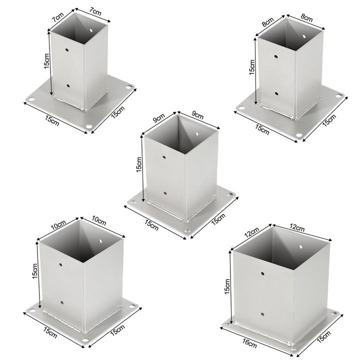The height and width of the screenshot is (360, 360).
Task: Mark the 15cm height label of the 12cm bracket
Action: pyautogui.click(x=227, y=286)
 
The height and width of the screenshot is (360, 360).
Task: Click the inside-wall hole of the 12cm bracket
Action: pyautogui.click(x=301, y=246)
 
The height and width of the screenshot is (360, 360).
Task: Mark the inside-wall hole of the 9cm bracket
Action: pyautogui.click(x=198, y=135)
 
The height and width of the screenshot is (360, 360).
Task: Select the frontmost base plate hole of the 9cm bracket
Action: pyautogui.click(x=186, y=232)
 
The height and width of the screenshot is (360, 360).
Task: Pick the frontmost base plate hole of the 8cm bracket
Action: pyautogui.click(x=299, y=134)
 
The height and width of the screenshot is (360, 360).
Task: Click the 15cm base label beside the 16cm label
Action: pyautogui.click(x=323, y=339)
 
